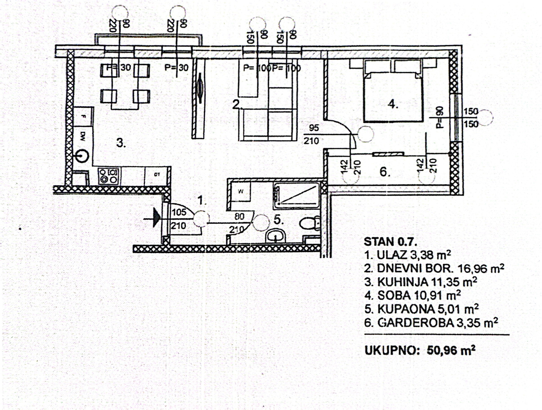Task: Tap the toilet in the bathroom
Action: point(309,222)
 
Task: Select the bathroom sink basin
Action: point(276,236)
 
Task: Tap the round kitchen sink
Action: point(82,155)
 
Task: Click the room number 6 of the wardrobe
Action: point(384,172)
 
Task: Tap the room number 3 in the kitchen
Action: point(121,143)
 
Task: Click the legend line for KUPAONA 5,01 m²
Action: point(421,309)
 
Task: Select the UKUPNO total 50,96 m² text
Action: point(420,350)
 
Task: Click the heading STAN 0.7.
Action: point(390,241)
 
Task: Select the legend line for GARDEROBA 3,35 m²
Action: point(431,323)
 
